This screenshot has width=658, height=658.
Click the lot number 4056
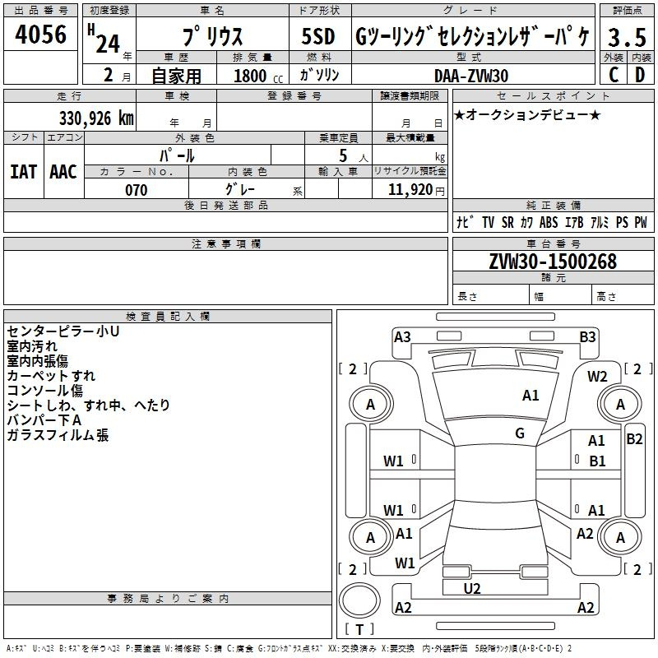click(x=40, y=34)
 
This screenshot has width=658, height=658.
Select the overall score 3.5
click(x=627, y=37)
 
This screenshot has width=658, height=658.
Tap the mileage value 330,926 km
click(x=96, y=118)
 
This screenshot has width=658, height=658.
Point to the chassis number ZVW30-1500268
click(x=553, y=261)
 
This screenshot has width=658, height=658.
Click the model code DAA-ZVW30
click(x=471, y=76)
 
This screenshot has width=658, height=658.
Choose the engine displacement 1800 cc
click(x=258, y=76)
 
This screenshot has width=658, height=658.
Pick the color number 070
click(x=137, y=190)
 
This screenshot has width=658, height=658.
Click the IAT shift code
click(x=24, y=172)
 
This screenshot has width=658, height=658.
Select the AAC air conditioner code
click(x=63, y=172)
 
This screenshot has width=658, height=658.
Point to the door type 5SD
click(x=318, y=36)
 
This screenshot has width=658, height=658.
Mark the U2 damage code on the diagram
click(x=472, y=589)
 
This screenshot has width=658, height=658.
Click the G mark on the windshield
click(x=520, y=433)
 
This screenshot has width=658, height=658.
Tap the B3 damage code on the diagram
click(x=587, y=337)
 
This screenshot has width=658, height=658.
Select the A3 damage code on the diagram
click(x=402, y=337)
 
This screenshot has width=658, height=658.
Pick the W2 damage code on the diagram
click(x=597, y=377)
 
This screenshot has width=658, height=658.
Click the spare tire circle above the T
click(x=359, y=600)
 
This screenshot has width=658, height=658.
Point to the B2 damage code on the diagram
click(x=634, y=439)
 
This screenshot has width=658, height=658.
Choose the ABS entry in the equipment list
click(x=549, y=222)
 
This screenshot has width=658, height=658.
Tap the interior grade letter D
click(x=640, y=75)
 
